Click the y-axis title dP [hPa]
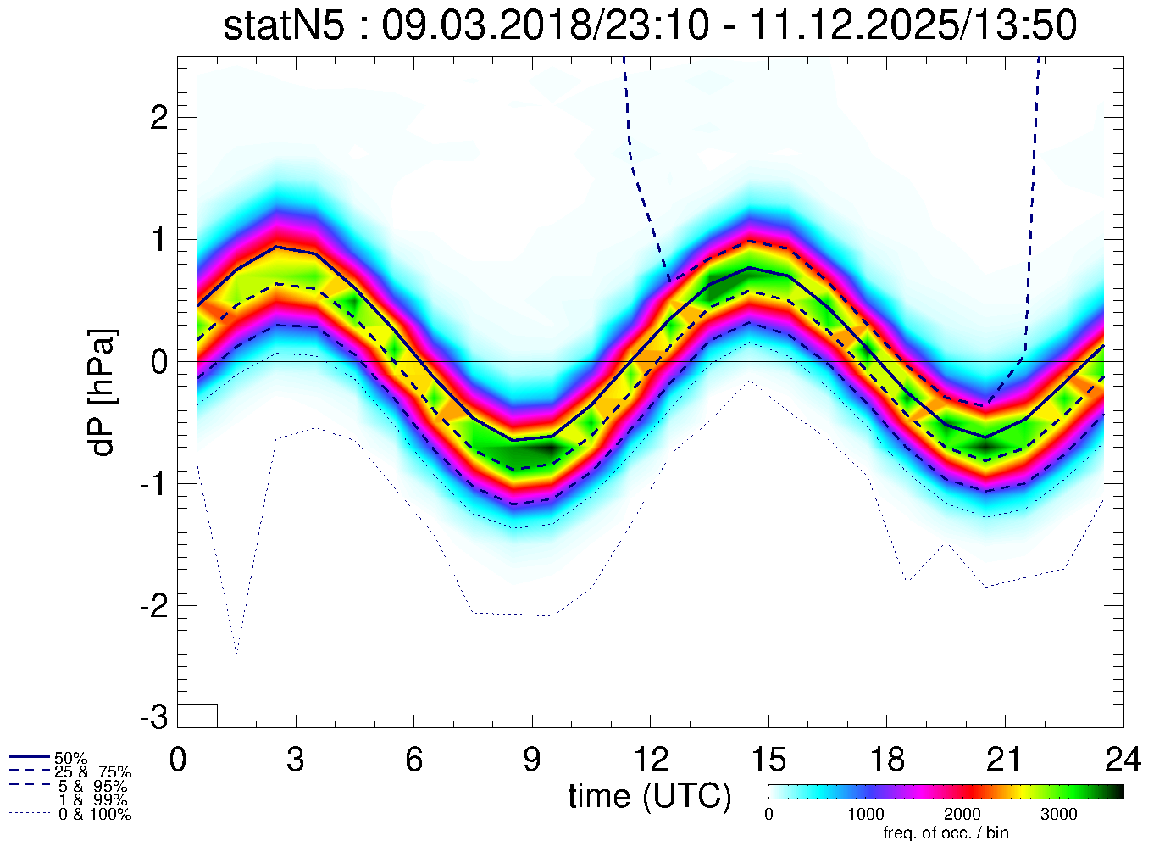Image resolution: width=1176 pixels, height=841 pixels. point(103,393)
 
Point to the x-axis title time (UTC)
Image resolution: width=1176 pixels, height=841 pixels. point(649,796)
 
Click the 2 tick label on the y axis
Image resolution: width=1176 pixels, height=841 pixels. point(158,118)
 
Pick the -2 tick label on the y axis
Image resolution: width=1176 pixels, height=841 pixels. point(153,606)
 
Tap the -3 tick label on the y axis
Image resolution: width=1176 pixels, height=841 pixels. point(153,717)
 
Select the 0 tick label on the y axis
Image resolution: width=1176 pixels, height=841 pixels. point(158,362)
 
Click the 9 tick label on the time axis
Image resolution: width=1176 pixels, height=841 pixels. point(531,760)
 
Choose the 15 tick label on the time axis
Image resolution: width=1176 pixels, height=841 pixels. point(768,760)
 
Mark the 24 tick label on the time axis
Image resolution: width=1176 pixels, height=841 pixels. point(1122,760)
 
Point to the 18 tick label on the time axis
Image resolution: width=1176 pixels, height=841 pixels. point(886,760)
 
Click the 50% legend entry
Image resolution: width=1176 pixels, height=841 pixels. point(70,758)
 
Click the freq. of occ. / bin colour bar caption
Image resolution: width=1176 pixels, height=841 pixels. point(946,833)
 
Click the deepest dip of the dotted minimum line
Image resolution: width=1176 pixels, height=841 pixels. point(236,653)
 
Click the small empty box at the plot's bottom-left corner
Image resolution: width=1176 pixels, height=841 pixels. point(197,716)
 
